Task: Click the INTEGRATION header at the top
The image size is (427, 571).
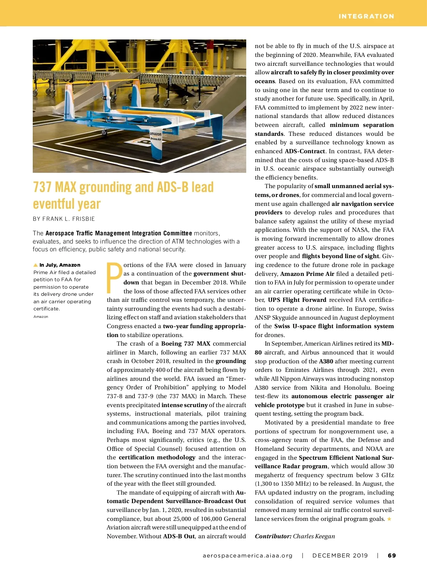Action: point(366,16)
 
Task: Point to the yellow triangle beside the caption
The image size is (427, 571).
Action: point(36,265)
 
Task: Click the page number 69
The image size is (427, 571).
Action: point(392,555)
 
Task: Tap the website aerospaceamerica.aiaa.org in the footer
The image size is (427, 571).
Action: point(248,555)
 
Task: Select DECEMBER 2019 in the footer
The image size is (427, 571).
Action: point(340,555)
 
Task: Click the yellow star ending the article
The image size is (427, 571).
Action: point(389,519)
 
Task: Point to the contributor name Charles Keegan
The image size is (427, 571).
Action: point(314,536)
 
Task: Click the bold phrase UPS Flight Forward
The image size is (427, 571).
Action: point(297,300)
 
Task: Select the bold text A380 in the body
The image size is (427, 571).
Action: point(326,361)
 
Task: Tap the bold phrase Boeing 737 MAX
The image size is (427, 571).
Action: point(186,343)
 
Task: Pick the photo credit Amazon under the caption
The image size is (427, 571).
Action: point(41,316)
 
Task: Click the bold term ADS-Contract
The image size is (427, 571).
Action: point(305,151)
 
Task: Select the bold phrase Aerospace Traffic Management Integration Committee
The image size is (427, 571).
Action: point(118,233)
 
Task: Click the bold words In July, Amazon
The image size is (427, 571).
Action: point(60,265)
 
